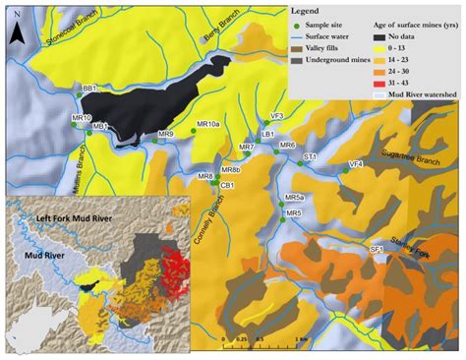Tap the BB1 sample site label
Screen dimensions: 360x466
coord(89,89)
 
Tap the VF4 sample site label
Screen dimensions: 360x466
coord(356,163)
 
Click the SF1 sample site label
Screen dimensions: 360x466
coord(376,251)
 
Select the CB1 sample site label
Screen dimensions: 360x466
coord(227,185)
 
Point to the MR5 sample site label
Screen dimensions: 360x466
coord(292,212)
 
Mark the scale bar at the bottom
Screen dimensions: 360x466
coord(260,338)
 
